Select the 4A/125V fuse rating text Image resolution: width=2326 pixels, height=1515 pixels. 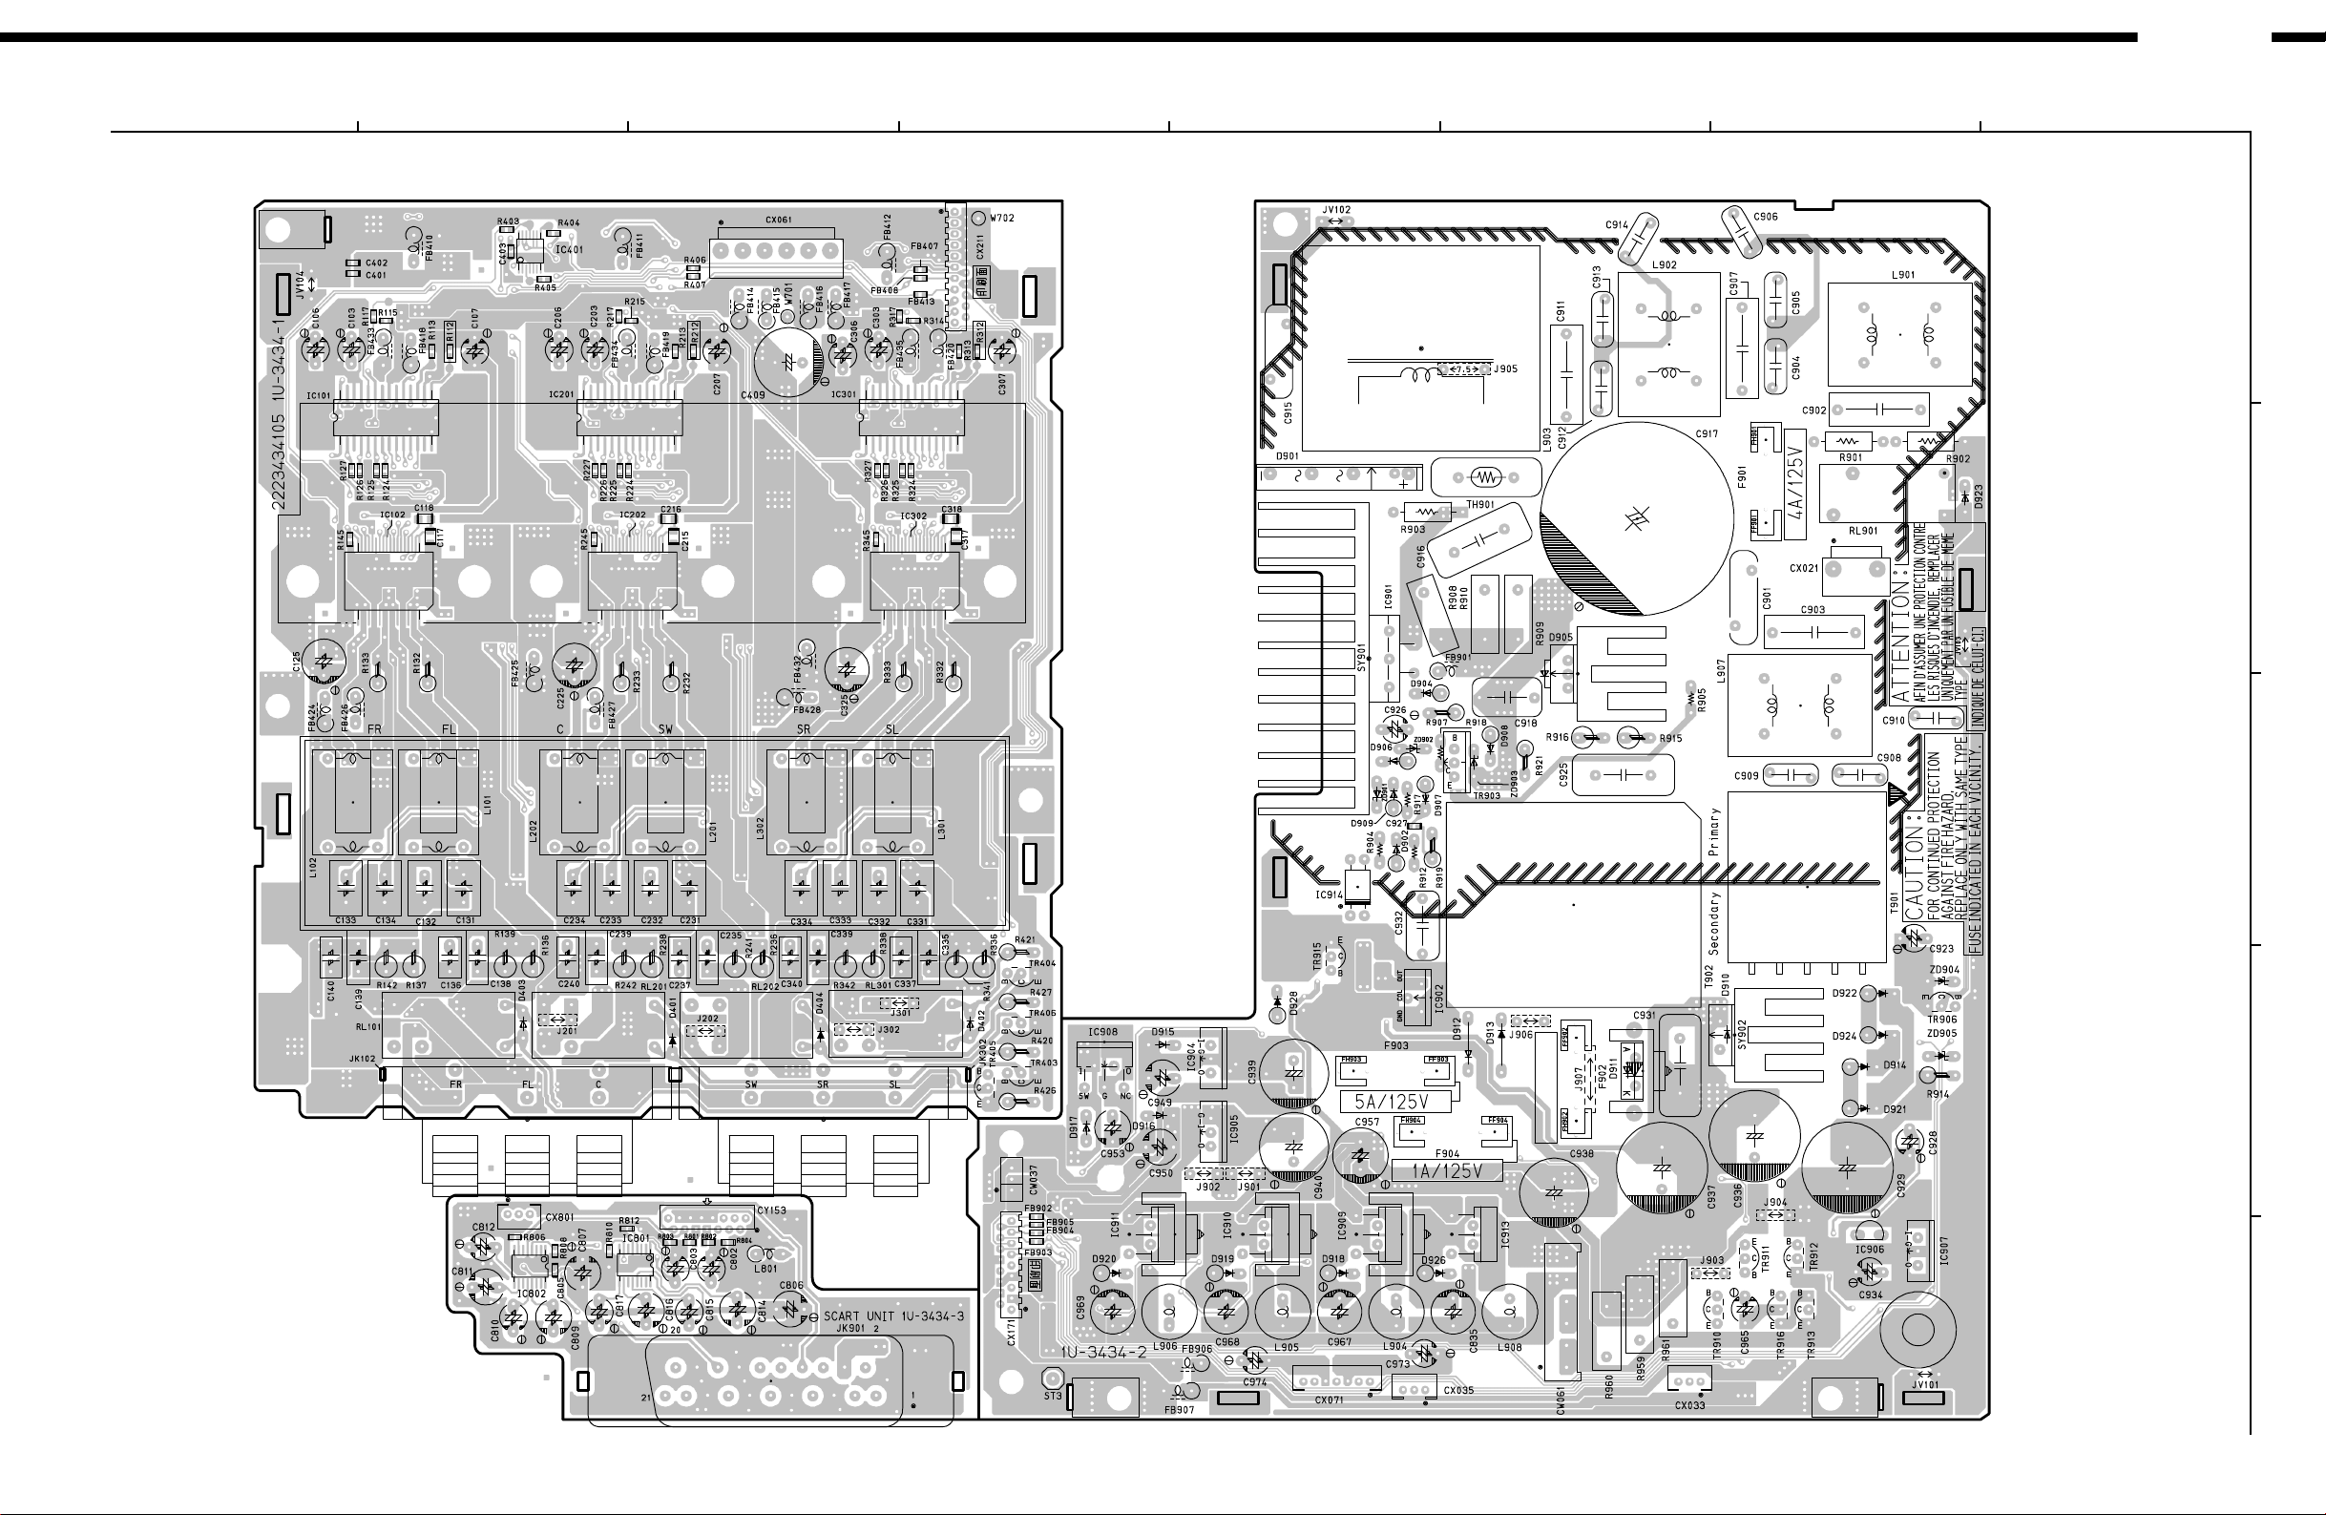[x=1796, y=488]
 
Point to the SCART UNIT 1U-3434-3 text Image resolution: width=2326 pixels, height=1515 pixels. [x=893, y=1315]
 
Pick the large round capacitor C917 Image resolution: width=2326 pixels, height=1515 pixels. [x=1636, y=519]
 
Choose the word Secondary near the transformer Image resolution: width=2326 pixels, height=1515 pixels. [x=1715, y=924]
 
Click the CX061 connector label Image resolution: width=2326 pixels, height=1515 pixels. [x=778, y=220]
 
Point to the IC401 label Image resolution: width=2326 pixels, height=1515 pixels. [x=569, y=250]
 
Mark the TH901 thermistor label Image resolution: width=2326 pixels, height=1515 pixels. [x=1480, y=504]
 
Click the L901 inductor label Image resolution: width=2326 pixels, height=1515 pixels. [x=1903, y=275]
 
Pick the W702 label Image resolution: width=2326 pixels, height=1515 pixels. [x=1002, y=218]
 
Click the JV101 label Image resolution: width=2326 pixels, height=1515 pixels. [x=1924, y=1384]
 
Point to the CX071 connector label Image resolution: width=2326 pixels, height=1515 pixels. [x=1329, y=1399]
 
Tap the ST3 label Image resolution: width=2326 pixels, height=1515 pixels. [x=1052, y=1396]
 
